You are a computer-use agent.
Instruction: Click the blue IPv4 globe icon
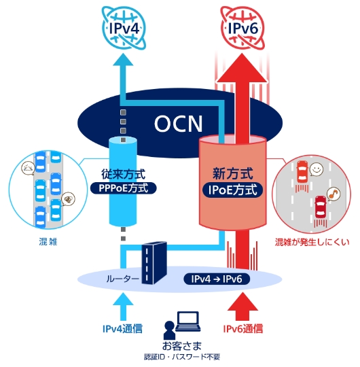[124, 28]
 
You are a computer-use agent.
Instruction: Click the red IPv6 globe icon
[243, 28]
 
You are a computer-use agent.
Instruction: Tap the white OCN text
[178, 124]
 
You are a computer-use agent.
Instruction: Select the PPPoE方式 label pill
[123, 188]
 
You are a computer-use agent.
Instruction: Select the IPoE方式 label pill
[232, 190]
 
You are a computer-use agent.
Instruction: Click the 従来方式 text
[123, 174]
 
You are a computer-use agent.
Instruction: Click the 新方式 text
[233, 174]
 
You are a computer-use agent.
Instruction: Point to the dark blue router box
[154, 263]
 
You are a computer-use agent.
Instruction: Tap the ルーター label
[122, 279]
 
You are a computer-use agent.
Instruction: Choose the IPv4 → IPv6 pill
[217, 279]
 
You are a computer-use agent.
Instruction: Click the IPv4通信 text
[122, 328]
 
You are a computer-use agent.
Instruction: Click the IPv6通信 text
[243, 328]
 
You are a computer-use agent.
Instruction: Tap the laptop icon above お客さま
[188, 321]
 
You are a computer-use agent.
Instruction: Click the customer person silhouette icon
[169, 330]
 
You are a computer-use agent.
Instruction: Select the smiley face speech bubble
[317, 170]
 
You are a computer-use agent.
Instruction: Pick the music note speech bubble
[334, 194]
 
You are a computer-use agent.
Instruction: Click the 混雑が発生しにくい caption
[312, 242]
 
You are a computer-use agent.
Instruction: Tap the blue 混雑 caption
[48, 241]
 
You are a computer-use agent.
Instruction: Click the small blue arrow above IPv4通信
[123, 307]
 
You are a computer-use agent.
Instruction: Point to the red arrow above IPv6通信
[242, 307]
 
